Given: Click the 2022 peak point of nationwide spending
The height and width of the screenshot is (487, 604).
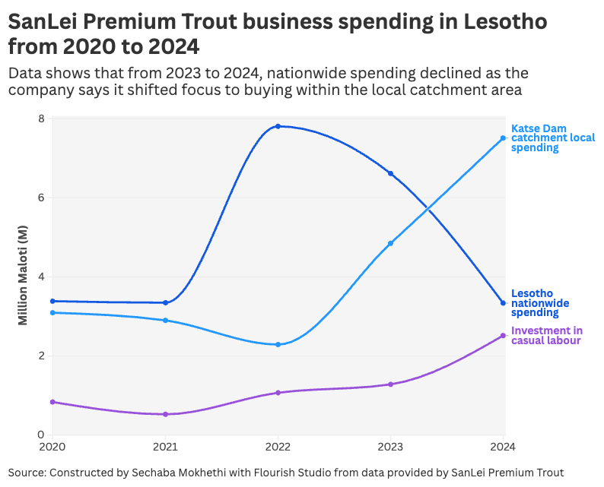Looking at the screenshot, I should tap(278, 126).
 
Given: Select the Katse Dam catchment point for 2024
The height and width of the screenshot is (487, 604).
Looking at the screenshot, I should tap(503, 138).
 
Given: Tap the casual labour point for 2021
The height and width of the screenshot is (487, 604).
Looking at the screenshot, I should tap(165, 414).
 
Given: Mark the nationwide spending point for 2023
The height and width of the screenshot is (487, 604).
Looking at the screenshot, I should tap(391, 174).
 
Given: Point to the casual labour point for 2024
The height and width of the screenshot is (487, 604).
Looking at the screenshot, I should tap(503, 336).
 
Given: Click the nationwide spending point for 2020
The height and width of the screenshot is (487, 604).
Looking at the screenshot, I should tap(52, 302).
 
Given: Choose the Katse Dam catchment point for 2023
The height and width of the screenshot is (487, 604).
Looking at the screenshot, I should tap(391, 244).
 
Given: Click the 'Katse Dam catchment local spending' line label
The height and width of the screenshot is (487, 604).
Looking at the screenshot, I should tap(552, 138).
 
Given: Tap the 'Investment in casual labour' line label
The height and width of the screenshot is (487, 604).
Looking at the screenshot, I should tap(547, 336).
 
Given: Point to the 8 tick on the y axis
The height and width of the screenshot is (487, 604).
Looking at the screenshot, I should tap(41, 119).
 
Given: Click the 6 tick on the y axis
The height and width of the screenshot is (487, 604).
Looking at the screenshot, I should tap(41, 198).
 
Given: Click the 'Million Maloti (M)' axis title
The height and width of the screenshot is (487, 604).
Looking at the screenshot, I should tap(23, 277).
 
